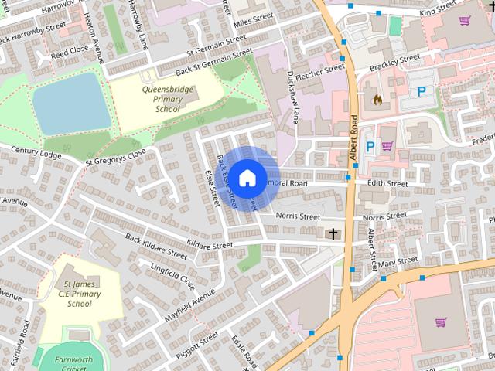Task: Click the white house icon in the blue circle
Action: coord(247,178)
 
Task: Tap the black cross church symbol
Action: coord(333,233)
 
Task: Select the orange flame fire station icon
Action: coord(377,100)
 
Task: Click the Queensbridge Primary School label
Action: coord(161,99)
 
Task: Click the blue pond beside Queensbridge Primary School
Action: coord(71,104)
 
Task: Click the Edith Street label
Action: coord(387,184)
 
